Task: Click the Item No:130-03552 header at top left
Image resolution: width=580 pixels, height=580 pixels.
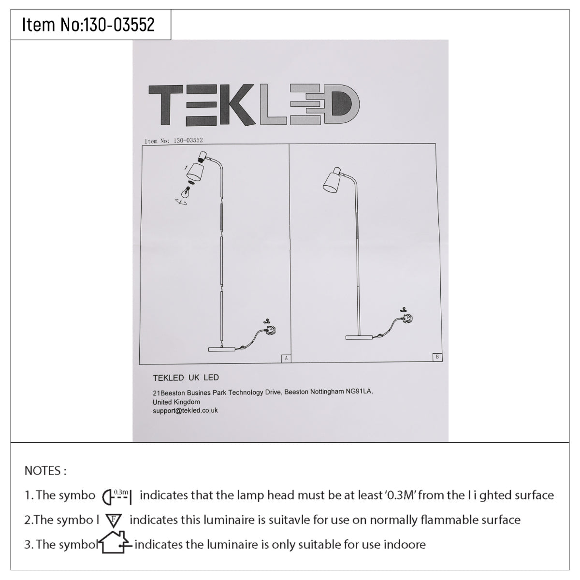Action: [88, 24]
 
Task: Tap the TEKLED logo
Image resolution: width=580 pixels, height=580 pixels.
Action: [254, 105]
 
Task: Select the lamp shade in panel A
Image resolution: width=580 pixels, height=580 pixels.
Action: [195, 173]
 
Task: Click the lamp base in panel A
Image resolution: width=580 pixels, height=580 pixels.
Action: [222, 349]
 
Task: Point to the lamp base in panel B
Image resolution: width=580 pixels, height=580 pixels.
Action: [359, 337]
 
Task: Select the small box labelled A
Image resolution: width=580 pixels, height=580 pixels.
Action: [286, 358]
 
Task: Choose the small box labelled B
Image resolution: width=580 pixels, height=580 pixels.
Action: [437, 357]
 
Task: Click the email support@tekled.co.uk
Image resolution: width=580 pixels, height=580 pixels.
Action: [185, 410]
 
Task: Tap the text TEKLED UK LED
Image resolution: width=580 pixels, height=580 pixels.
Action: [186, 378]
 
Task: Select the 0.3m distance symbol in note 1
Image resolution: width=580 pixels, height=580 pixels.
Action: [117, 497]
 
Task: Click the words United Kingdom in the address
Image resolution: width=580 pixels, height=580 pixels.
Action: [176, 402]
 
